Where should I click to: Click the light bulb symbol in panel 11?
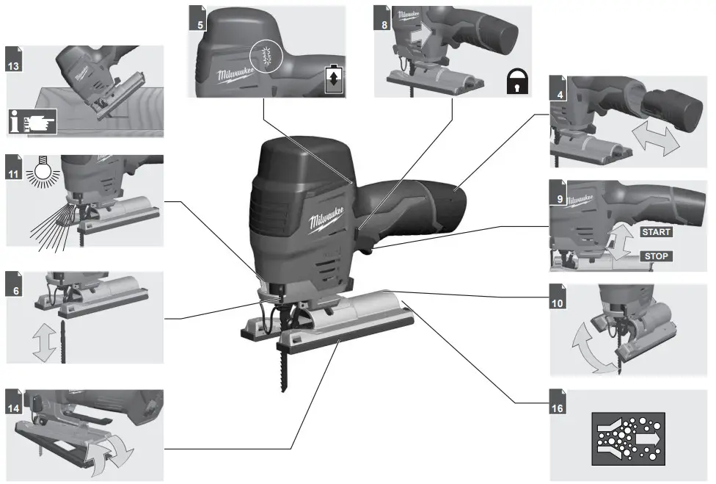click(40, 174)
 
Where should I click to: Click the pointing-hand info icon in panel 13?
click(34, 120)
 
